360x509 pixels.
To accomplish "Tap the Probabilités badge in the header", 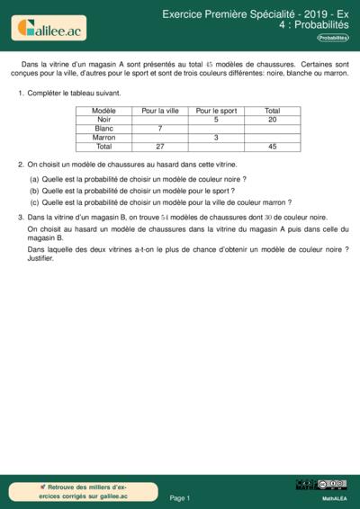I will click(333, 38).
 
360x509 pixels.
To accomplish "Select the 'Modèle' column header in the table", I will click(104, 111).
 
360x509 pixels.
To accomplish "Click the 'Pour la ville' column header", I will click(160, 111).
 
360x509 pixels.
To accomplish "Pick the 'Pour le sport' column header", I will click(216, 111).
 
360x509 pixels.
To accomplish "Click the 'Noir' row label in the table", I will click(104, 120).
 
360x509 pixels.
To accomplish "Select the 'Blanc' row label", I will click(104, 129).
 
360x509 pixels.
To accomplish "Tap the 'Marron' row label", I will click(104, 138).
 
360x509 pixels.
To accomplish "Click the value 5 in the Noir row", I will click(216, 120).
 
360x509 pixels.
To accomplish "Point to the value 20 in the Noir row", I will click(273, 120).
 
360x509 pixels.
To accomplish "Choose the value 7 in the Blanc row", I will click(160, 129).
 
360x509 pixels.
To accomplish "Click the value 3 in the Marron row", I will click(216, 138).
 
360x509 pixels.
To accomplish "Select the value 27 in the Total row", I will click(160, 147).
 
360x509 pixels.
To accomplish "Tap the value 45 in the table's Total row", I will click(273, 147).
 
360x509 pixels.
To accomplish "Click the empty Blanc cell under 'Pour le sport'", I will click(216, 129).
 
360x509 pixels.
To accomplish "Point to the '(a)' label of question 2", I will click(34, 180).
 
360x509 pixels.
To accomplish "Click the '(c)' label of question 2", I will click(34, 202).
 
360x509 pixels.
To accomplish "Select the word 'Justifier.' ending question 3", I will click(41, 259).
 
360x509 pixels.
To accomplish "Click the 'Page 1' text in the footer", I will click(180, 497).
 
